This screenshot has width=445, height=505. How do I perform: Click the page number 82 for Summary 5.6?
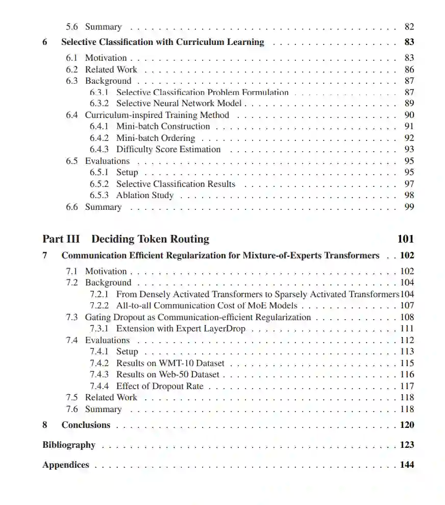(409, 27)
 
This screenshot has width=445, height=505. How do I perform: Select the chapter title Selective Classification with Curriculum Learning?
(163, 42)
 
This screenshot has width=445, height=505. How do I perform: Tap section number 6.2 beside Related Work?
(72, 69)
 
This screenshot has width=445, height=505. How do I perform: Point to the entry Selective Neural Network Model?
(179, 104)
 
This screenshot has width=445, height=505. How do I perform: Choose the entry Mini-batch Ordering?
(156, 138)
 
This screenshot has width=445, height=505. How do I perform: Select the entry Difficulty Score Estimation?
(168, 150)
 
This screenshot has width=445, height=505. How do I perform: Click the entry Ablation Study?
(145, 196)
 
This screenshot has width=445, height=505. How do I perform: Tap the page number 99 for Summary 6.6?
(409, 207)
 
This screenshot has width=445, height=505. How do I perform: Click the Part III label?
(61, 239)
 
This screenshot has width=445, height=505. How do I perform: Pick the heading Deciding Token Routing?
(150, 239)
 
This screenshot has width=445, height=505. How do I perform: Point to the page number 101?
(405, 239)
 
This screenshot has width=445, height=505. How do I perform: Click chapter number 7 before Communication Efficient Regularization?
(45, 256)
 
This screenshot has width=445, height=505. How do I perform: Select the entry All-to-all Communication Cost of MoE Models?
(207, 306)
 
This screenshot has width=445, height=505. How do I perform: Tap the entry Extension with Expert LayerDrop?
(181, 329)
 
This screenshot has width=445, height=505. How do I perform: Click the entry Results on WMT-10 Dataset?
(170, 363)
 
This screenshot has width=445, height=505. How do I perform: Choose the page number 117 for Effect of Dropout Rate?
(407, 386)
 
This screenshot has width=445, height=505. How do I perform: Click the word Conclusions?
(86, 425)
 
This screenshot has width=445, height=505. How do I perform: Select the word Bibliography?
(69, 445)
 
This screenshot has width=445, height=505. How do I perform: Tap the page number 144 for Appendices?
(407, 465)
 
